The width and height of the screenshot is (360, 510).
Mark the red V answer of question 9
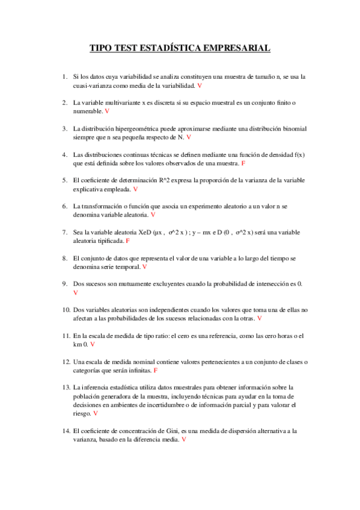pyautogui.click(x=75, y=292)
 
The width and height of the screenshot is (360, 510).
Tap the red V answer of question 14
pyautogui.click(x=183, y=440)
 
